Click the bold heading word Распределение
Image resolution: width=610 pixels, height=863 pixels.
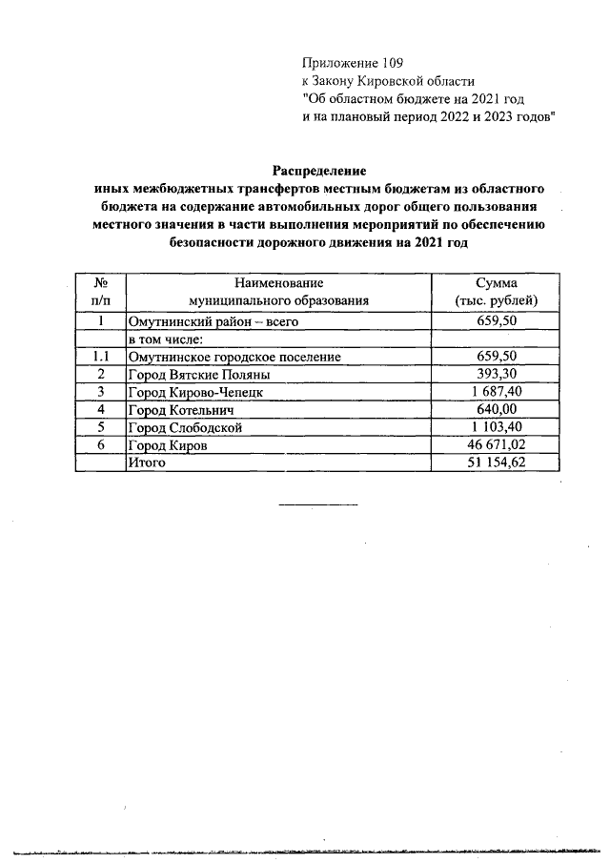coord(319,171)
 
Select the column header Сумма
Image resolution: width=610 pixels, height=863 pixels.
coord(496,283)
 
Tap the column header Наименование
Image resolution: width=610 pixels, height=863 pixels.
coord(277,283)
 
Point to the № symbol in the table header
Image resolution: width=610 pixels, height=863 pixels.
coord(99,283)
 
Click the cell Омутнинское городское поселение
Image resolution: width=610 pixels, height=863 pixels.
coord(234,357)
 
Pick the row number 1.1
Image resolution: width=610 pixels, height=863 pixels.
coord(99,357)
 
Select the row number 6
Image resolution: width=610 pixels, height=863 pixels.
coord(99,444)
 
